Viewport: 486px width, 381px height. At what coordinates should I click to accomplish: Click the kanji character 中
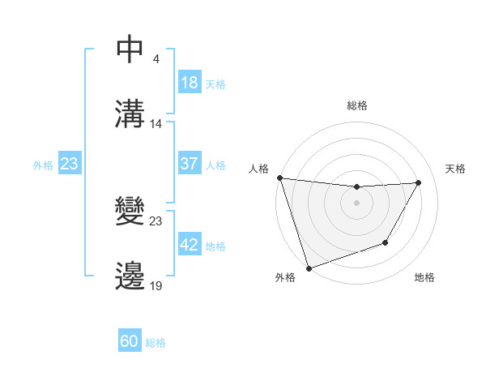(x=130, y=50)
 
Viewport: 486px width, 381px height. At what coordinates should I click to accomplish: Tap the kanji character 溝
(x=130, y=113)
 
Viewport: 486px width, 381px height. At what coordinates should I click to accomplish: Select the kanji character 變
(x=130, y=213)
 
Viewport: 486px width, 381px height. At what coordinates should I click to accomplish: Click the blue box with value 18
(x=190, y=83)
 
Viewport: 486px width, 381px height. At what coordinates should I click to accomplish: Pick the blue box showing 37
(x=190, y=164)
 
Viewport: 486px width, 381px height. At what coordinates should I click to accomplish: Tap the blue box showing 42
(x=190, y=246)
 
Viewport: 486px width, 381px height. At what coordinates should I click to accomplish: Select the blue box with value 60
(x=130, y=341)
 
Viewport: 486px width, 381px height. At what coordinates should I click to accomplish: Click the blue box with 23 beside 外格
(x=70, y=164)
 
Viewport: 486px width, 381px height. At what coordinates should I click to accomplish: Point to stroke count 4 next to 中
(x=156, y=59)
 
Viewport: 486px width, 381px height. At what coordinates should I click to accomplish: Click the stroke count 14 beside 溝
(x=156, y=123)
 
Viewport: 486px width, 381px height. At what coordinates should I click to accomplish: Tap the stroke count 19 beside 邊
(x=156, y=285)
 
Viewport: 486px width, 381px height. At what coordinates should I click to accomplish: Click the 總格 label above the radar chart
(x=357, y=105)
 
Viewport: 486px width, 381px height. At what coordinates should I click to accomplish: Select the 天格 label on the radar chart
(x=455, y=169)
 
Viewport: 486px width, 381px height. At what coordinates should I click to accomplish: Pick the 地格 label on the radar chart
(x=424, y=277)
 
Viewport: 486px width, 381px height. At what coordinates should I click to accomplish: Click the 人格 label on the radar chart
(x=258, y=169)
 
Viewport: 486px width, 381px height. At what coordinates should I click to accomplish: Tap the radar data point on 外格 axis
(x=308, y=268)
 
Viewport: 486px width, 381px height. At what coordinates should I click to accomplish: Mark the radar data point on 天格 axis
(x=418, y=182)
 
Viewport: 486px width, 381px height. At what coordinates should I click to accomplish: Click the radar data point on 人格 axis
(x=279, y=178)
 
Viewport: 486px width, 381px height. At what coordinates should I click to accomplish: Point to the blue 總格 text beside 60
(x=156, y=342)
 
